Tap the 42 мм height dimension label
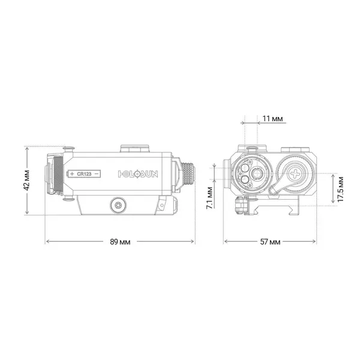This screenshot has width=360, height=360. (x=27, y=180)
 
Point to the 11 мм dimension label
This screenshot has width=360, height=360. (x=273, y=119)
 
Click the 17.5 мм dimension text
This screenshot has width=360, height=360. (x=340, y=190)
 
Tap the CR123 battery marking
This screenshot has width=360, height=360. (x=84, y=173)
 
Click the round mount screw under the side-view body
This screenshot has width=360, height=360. (x=118, y=205)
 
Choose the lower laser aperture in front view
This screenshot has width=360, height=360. (x=244, y=178)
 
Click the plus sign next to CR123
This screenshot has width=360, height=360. (x=72, y=173)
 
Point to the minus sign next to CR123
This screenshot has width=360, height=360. (x=96, y=173)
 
